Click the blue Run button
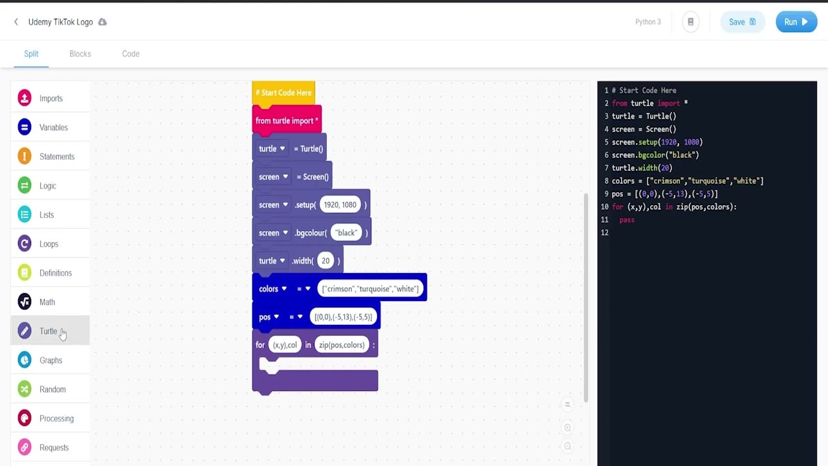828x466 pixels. pos(796,22)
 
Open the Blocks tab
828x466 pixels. pos(80,54)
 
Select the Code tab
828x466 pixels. pos(131,54)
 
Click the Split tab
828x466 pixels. pos(31,54)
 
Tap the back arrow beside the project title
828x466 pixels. pos(16,22)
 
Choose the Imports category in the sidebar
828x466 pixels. pos(50,98)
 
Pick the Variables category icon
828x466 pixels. pos(25,128)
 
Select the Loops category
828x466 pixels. pos(49,244)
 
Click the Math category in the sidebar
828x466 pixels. pos(47,302)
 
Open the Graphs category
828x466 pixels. pos(50,361)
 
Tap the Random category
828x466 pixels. pos(52,390)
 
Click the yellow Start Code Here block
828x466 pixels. pos(283,93)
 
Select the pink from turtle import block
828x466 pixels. pos(287,120)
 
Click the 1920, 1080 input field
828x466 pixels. pos(340,205)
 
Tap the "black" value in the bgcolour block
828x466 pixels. pos(346,233)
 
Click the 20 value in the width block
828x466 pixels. pos(325,261)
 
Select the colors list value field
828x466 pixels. pos(370,289)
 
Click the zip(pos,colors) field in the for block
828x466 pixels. pos(342,345)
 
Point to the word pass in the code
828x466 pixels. pos(627,220)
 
